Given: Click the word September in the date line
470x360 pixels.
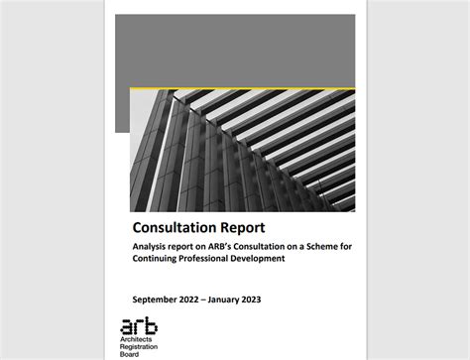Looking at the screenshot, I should tap(158, 299).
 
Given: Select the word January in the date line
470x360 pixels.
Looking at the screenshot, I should tap(246, 299).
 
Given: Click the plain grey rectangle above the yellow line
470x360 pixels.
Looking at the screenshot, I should tap(234, 50).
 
